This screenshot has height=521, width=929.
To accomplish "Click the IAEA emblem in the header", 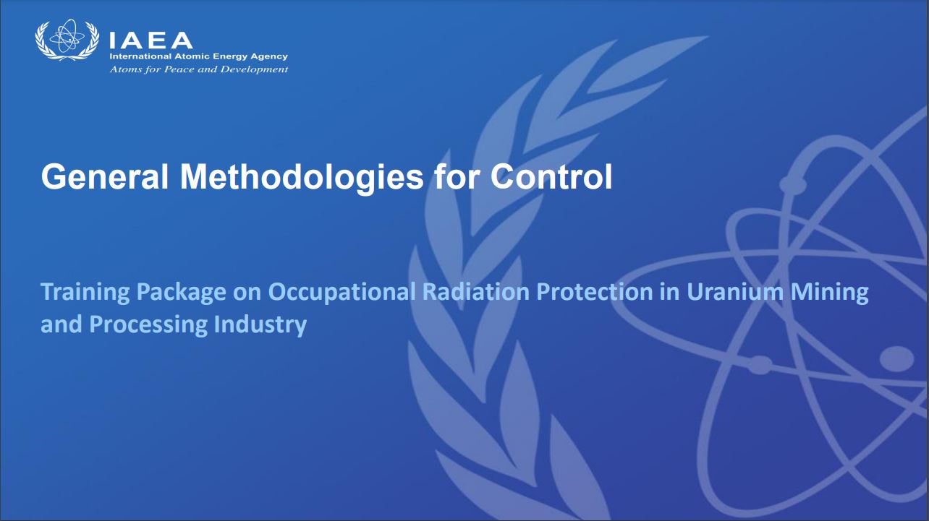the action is (67, 40).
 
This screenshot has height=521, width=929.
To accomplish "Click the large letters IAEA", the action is (151, 40).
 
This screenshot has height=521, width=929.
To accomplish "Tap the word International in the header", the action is (140, 56).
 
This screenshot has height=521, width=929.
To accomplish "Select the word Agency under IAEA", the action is (269, 57).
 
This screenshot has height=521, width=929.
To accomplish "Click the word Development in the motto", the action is (254, 69).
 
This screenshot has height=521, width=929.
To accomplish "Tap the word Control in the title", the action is (551, 177).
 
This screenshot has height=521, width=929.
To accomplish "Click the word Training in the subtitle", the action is (85, 293).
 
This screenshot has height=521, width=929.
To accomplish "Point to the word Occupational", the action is (342, 293).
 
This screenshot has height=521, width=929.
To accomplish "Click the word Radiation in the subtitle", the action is (475, 291).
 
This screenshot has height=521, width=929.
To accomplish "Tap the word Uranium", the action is (735, 291).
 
